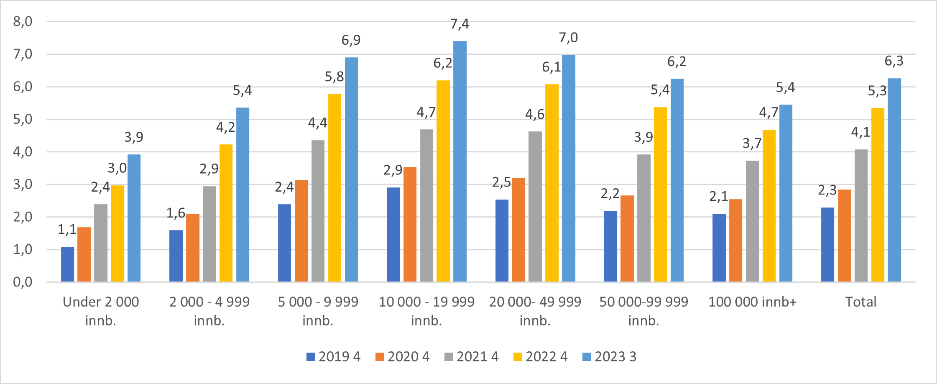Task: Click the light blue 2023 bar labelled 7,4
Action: coord(460,161)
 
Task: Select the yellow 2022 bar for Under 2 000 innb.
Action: coord(117,233)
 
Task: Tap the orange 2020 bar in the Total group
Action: coord(844,236)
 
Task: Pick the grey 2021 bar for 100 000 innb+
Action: coord(752,221)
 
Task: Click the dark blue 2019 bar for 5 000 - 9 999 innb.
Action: coord(284,243)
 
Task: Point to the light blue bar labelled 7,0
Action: coord(568,168)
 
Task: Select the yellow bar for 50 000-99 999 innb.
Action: coord(660,195)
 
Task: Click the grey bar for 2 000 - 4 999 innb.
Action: coord(209,234)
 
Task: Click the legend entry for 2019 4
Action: coord(333,356)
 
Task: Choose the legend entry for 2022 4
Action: coord(540,356)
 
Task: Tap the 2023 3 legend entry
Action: coord(609,356)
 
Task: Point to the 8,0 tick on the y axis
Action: coord(23,21)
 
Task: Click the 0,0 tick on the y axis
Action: coord(23,282)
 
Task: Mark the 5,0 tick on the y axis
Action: coord(23,119)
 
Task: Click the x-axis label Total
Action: coord(860,302)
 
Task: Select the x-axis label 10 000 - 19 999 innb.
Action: coord(426,311)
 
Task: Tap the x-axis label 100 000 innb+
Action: coord(752,302)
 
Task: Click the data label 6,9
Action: coord(351,40)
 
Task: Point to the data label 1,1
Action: coord(67,229)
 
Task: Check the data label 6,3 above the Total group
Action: coord(894,61)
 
